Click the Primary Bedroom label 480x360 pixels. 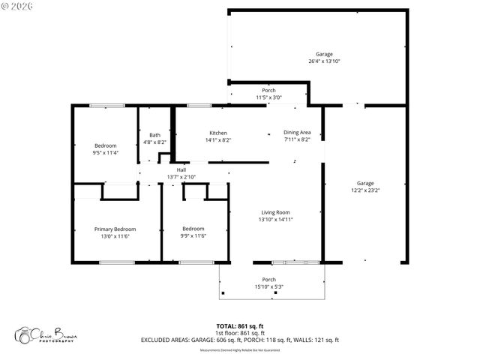click(x=115, y=229)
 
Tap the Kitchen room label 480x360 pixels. click(x=218, y=133)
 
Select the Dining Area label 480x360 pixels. click(x=297, y=133)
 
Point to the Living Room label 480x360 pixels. click(x=274, y=212)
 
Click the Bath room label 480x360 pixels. click(x=154, y=134)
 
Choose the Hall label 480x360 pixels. click(x=181, y=169)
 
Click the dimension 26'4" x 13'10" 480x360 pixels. click(x=324, y=61)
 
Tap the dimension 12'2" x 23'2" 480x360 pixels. click(x=364, y=190)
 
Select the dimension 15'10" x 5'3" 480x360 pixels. click(x=268, y=286)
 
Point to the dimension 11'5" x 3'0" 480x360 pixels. click(x=268, y=97)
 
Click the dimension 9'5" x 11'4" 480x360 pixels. click(x=106, y=152)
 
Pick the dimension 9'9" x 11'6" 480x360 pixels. click(x=193, y=236)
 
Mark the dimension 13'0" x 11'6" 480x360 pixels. click(x=115, y=236)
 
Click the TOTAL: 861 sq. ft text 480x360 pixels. click(x=239, y=326)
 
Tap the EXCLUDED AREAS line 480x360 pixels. click(x=239, y=340)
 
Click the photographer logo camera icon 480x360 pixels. click(x=22, y=334)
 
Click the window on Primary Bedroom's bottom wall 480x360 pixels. click(x=116, y=262)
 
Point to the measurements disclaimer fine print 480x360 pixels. click(x=239, y=349)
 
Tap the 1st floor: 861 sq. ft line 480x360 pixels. click(x=239, y=333)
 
